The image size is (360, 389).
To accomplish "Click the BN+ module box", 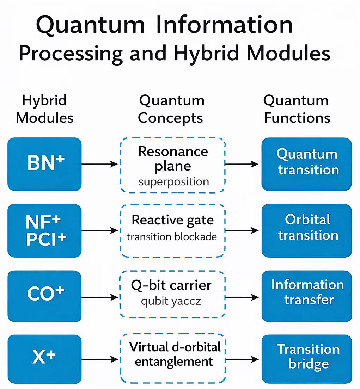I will (x=44, y=164).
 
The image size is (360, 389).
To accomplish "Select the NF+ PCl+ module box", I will (x=44, y=230).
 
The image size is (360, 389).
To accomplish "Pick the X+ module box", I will (x=44, y=359).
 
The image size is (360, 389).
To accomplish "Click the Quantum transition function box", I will (x=307, y=164).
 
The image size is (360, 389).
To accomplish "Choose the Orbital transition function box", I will (x=307, y=230).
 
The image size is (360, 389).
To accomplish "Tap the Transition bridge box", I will (x=307, y=359).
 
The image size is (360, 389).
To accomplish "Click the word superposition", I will (x=173, y=182).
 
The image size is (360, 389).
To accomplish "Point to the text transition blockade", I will (x=172, y=237).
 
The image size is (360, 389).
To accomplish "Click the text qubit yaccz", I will (x=171, y=302).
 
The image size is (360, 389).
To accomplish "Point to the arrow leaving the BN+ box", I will (x=99, y=164).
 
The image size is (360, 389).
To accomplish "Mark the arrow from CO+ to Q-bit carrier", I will (x=99, y=297).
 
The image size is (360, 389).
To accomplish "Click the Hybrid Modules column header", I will (x=44, y=109).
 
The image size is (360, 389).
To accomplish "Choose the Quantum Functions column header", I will (x=297, y=109).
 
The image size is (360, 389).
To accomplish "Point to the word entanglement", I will (x=174, y=362).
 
